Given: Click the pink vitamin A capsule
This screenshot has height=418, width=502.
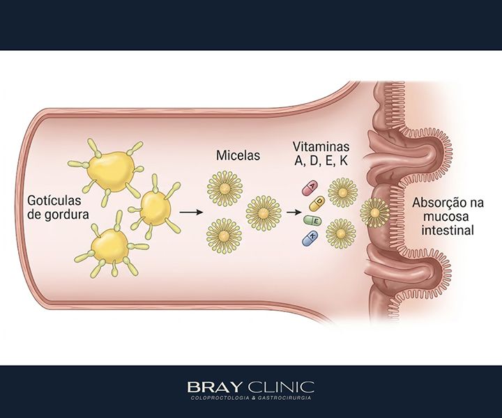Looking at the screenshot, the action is [x=310, y=189].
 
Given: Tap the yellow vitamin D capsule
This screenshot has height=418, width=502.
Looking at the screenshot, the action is [x=317, y=203].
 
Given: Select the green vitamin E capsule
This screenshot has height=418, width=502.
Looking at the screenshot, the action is [x=312, y=220].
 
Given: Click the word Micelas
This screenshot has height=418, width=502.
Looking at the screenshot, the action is [x=238, y=155].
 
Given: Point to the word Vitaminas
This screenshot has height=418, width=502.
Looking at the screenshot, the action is [x=321, y=146].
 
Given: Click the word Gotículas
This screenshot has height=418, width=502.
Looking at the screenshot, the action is [x=54, y=201].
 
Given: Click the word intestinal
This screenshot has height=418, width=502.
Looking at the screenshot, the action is [x=447, y=230].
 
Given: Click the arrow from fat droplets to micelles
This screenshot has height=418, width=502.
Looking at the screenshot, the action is [x=192, y=212].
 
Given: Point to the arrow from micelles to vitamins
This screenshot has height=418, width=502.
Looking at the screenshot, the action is [x=294, y=212].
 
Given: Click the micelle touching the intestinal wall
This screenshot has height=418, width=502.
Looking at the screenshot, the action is [x=374, y=212].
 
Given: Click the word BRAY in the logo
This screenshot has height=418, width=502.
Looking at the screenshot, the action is [x=213, y=387].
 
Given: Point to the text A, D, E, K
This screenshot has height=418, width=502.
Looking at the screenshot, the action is [x=321, y=160].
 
